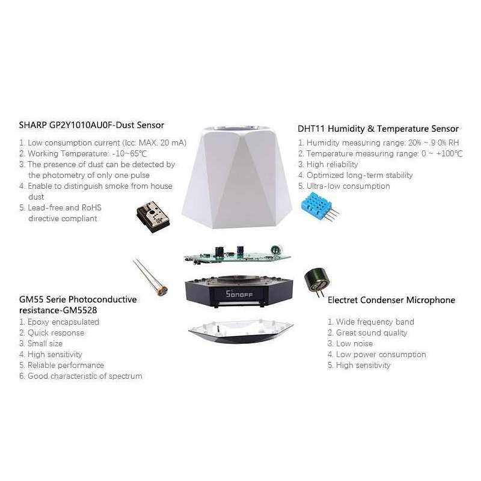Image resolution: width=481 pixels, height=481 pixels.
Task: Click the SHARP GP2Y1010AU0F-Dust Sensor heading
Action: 91,125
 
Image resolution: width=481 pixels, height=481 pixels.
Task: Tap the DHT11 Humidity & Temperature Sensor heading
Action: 378,129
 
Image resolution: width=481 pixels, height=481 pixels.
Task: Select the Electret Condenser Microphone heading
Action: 391,300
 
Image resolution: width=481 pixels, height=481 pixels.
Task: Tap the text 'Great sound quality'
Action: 367,333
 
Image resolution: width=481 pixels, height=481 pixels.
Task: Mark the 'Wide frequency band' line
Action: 370,322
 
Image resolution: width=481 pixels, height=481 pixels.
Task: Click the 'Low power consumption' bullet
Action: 376,355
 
